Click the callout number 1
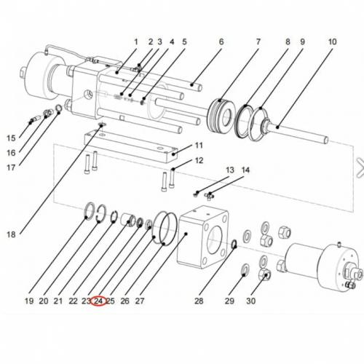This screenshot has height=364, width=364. click(x=135, y=42)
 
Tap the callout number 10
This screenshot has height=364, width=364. click(x=332, y=42)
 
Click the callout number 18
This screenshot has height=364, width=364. click(x=11, y=234)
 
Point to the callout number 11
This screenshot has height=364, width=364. click(x=198, y=146)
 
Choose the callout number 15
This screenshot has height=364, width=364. click(x=11, y=138)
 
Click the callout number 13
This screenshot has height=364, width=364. click(x=230, y=170)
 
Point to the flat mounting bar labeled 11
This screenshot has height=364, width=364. click(x=131, y=143)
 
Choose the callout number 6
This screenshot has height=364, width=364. click(x=221, y=42)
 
